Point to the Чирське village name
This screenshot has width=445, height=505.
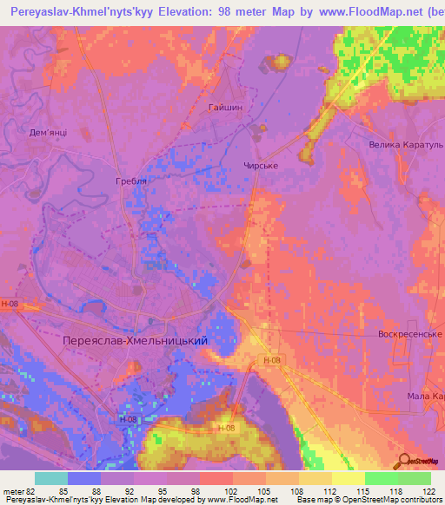pyautogui.click(x=261, y=162)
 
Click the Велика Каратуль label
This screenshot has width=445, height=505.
pyautogui.click(x=406, y=144)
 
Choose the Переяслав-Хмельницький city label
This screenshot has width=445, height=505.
pyautogui.click(x=135, y=341)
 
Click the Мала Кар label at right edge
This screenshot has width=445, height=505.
pyautogui.click(x=425, y=395)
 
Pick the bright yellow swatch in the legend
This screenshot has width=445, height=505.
pyautogui.click(x=348, y=479)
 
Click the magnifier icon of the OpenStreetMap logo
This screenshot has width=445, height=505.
pyautogui.click(x=402, y=461)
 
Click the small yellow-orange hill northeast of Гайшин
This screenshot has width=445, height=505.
pyautogui.click(x=281, y=62)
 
